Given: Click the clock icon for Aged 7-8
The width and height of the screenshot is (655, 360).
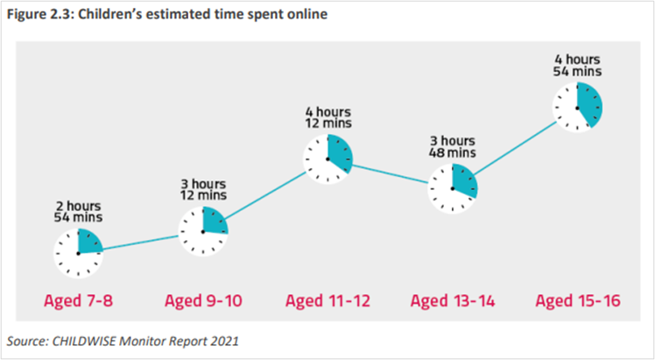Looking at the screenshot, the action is (78, 253).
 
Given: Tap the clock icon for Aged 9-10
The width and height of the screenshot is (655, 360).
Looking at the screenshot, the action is (203, 231).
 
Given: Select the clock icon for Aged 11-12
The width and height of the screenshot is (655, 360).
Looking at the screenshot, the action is (327, 159).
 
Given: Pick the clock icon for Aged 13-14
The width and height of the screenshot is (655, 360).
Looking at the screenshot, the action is (453, 189).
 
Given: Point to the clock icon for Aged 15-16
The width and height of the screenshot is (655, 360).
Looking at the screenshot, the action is (577, 108).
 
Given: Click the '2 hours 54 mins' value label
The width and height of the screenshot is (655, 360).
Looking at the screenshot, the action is (78, 212).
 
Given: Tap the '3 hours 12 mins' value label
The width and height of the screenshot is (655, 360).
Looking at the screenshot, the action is (203, 189).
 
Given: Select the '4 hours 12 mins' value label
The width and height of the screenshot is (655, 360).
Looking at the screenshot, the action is (328, 117).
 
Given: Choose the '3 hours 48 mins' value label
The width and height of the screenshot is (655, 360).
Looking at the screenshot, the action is (453, 146).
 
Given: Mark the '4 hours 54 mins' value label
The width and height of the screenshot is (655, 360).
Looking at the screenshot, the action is (578, 66).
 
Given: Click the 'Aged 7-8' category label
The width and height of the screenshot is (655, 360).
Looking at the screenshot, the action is (78, 300).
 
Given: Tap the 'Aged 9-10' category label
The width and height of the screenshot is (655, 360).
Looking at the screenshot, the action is (203, 300).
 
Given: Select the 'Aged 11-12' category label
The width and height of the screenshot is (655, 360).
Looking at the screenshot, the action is (327, 300).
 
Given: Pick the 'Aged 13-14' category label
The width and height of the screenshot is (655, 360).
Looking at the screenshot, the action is (453, 300).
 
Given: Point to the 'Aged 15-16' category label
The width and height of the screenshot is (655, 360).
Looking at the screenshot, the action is (578, 300).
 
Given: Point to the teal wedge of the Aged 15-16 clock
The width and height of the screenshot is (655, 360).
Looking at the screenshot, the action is (590, 104).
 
